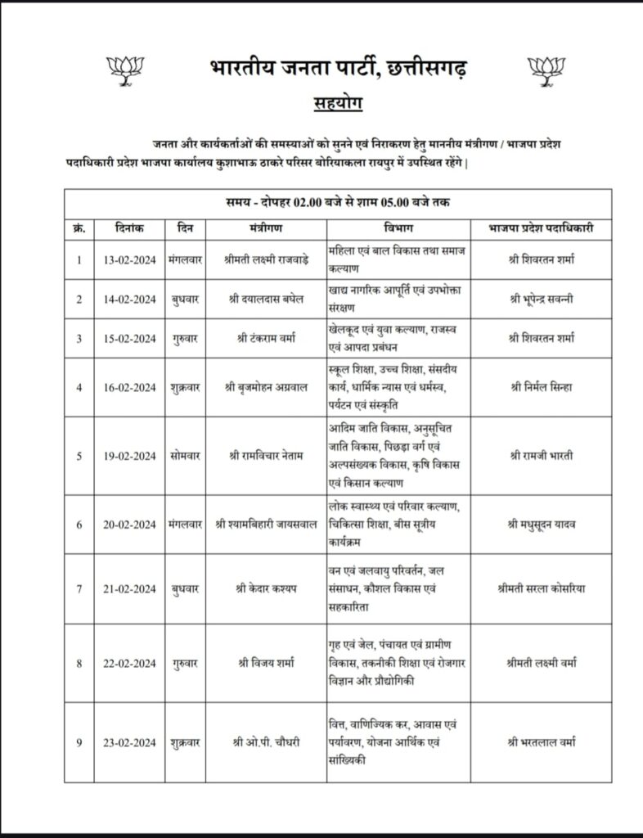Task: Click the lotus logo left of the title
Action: coord(127,70)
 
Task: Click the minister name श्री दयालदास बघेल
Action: coord(266,299)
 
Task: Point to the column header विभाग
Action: coord(397,228)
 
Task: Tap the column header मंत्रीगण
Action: coord(266,228)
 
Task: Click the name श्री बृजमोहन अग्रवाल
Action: coord(266,387)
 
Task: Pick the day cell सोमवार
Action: coord(185,456)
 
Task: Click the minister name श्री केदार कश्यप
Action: coord(266,587)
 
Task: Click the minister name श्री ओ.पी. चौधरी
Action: coord(266,742)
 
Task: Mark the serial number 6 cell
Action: coord(79,525)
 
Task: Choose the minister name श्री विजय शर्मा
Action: coord(266,663)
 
